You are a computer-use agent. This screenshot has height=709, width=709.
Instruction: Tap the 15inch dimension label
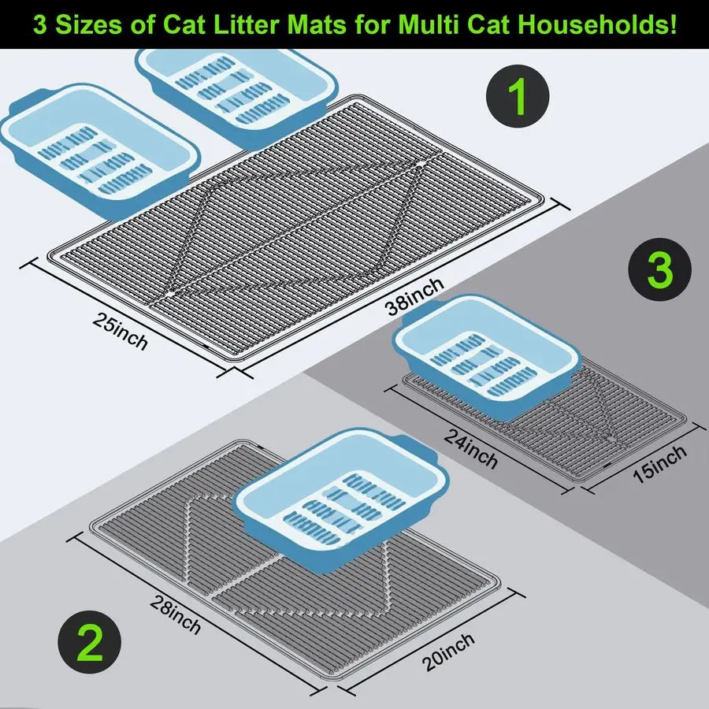pyautogui.click(x=659, y=465)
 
